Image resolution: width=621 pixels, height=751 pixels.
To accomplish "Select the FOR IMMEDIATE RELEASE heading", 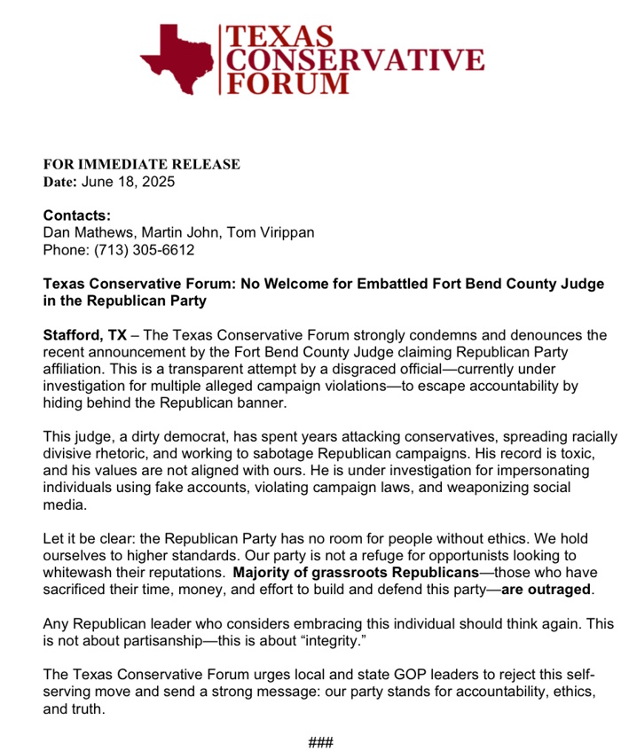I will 142,164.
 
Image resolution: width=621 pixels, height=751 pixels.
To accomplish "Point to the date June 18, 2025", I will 129,182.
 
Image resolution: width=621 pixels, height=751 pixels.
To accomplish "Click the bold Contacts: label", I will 77,215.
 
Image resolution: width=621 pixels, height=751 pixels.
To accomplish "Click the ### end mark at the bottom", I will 320,741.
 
